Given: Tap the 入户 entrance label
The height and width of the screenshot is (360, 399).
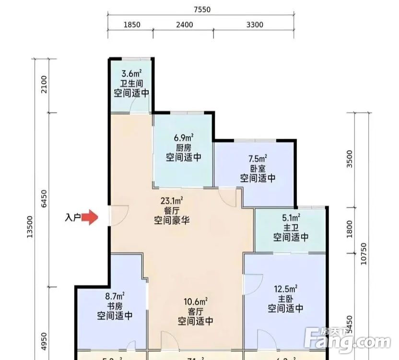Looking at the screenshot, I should click(72, 218).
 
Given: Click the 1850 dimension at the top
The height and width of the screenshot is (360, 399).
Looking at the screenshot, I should click(131, 25).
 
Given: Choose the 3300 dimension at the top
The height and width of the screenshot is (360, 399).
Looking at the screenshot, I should click(254, 25).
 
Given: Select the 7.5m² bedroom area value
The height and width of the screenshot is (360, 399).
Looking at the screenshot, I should click(258, 159).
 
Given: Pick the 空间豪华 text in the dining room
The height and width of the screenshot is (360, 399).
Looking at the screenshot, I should click(172, 221).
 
